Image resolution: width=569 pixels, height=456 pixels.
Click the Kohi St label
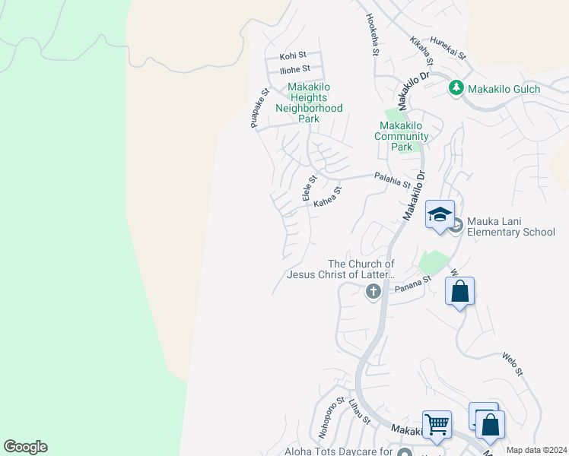tap(293, 55)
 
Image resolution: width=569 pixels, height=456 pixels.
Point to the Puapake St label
tap(260, 109)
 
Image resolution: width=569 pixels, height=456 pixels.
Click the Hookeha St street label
tap(372, 35)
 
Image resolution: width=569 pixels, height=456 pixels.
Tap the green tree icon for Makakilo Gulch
tap(456, 88)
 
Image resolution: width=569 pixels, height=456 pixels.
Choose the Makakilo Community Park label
tap(401, 136)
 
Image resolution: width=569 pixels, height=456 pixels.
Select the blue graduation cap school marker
tap(440, 216)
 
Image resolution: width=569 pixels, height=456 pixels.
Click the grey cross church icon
tap(373, 291)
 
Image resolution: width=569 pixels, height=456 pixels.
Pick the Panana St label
tap(412, 283)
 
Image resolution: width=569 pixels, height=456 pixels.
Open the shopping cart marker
tap(437, 425)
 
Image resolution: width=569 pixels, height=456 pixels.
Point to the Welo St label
tap(512, 363)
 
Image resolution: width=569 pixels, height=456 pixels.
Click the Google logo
tap(25, 447)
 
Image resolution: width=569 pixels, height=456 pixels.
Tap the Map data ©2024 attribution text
tap(536, 450)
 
